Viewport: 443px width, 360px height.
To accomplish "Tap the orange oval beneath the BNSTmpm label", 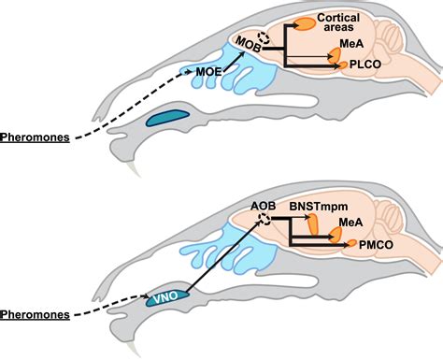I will [313, 225].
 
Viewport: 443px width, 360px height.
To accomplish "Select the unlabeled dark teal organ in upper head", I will [166, 118].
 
